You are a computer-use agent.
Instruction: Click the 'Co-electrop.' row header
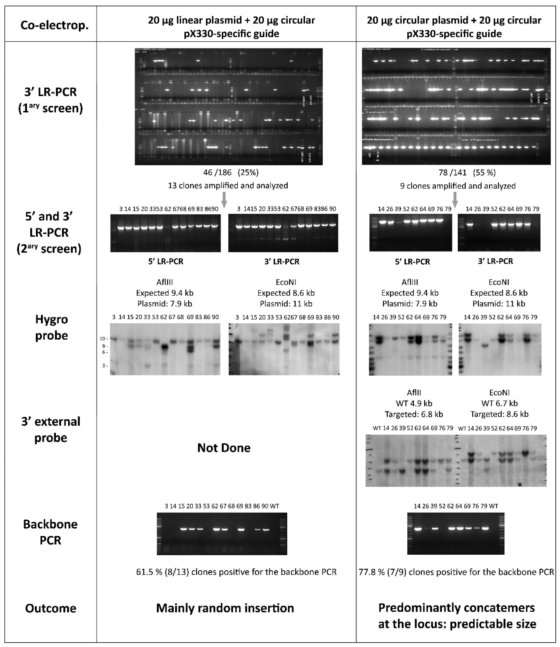(54, 25)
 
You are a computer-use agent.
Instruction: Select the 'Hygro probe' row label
(52, 327)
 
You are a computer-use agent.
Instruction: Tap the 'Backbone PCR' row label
(50, 532)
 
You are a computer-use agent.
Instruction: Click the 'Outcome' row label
(51, 608)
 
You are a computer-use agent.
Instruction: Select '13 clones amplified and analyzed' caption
(228, 185)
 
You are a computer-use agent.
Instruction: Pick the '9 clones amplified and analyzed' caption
(458, 186)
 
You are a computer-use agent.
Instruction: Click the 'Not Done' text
(224, 448)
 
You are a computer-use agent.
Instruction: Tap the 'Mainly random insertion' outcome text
(225, 608)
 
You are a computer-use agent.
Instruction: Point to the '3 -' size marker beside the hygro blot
(105, 365)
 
